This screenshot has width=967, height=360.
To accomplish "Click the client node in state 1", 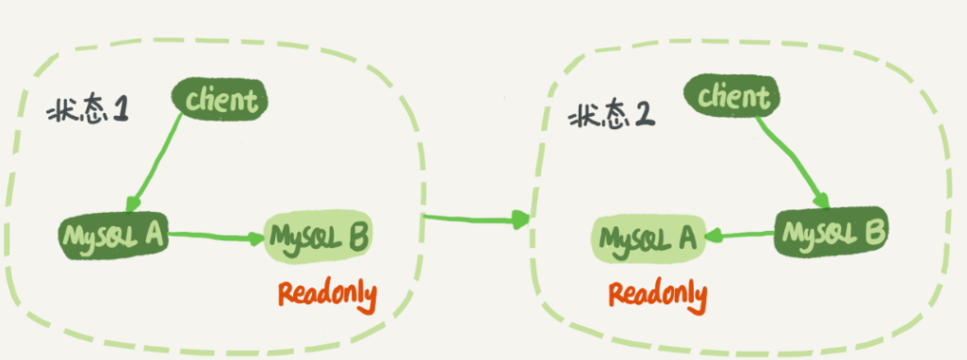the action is [x=219, y=99].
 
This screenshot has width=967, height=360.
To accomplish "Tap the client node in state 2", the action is [x=731, y=97].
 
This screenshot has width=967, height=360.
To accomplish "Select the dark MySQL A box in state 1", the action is [x=113, y=237].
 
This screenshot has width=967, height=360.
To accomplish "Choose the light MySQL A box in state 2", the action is [x=648, y=238].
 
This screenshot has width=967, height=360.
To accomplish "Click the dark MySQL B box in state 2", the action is [x=830, y=233].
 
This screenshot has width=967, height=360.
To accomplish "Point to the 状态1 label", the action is [x=87, y=112].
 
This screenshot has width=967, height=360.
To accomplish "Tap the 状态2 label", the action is [x=611, y=115].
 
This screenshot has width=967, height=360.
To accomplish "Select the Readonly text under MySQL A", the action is [x=658, y=295].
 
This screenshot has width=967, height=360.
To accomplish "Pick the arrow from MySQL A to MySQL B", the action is [x=217, y=237].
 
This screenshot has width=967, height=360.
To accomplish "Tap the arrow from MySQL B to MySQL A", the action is [x=740, y=235].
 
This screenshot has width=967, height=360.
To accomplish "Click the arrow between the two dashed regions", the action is [x=476, y=218].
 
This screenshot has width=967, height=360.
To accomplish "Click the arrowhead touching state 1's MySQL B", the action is [x=257, y=238].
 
